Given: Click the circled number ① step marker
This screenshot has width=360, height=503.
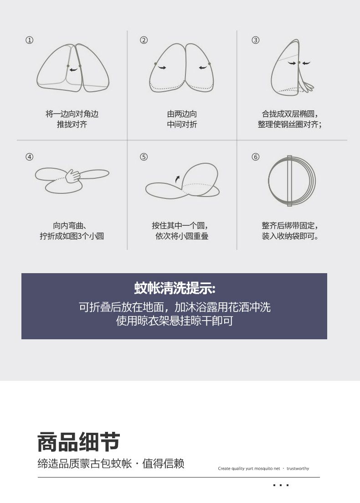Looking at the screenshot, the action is coord(30,40).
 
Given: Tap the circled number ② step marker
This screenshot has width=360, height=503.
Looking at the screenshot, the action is coord(144,40).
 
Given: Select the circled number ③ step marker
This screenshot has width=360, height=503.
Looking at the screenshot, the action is coord(256,40).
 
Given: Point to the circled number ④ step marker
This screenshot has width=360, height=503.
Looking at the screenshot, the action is coord(30,157).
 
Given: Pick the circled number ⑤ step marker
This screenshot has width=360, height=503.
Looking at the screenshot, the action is coord(144,157).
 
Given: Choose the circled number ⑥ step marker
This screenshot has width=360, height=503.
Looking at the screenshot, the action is coord(256,157).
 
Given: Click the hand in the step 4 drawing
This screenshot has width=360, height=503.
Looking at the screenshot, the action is coord(73,176).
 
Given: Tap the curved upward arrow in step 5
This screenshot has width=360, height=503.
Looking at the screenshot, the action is coord(177,179).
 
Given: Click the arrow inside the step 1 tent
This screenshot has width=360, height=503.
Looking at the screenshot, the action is coord(74,69).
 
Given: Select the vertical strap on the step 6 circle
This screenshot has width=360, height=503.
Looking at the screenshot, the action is coord(289,181).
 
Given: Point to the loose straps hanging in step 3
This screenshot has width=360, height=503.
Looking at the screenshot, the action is coord(307,84).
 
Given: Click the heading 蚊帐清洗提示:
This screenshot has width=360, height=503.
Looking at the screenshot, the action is coord(175,288).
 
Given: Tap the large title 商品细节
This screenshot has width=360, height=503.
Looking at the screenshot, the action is coord(79,442).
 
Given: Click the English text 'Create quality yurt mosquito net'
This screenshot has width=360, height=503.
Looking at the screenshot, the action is coord(249,468).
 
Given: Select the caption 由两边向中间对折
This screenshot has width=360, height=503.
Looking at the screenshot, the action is coord(182,119).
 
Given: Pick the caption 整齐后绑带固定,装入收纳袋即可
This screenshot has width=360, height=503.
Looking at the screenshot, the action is coord(290,231).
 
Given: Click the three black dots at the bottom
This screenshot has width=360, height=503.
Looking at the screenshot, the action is coord(281,485).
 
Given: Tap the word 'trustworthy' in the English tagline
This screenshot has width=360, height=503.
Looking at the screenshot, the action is coord(298,468).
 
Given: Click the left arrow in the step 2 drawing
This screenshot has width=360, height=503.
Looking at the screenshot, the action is coord(163,67).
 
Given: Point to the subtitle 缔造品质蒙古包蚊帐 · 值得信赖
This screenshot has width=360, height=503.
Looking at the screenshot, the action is coord(111,463).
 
